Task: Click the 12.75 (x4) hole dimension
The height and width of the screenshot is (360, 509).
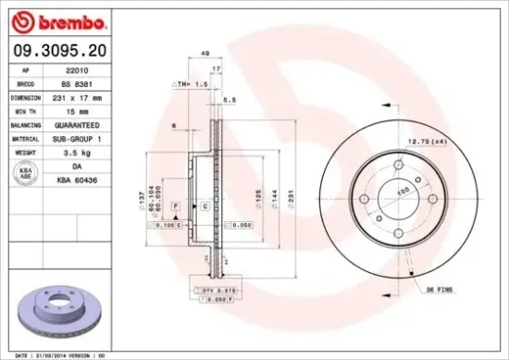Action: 428,142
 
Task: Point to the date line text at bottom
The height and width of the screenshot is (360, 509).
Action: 56,354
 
